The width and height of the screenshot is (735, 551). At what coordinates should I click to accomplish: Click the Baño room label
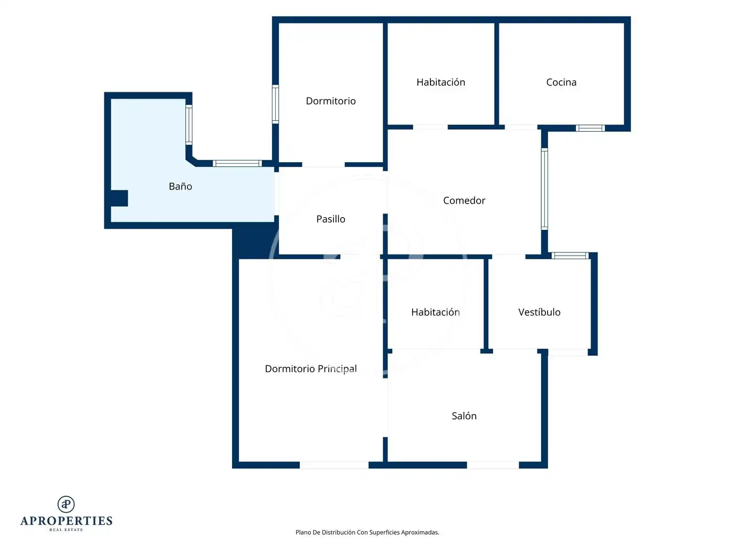(180, 186)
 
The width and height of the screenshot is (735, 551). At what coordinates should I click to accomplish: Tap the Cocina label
(561, 82)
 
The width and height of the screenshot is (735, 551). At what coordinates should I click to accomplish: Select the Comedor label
(464, 200)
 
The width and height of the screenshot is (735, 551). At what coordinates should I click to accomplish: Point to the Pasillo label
(331, 219)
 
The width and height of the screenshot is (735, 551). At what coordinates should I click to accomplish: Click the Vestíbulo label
(539, 312)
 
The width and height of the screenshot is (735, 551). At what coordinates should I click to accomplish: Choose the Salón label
(464, 416)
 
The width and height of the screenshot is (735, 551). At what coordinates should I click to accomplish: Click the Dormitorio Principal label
(311, 369)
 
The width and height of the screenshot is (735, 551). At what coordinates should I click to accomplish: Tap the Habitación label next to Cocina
(440, 82)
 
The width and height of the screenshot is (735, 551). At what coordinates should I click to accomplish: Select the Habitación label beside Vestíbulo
(435, 312)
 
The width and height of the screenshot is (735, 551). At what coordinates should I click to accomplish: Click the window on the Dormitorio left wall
(275, 104)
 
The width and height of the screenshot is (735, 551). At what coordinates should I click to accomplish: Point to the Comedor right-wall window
(544, 189)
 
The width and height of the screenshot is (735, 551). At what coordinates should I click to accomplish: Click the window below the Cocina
(590, 128)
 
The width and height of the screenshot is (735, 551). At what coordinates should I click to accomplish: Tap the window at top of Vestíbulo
(570, 256)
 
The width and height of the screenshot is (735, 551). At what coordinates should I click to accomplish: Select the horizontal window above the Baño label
(237, 164)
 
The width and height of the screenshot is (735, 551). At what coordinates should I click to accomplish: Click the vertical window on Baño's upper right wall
(189, 125)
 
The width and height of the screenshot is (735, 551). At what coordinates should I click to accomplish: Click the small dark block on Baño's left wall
(119, 198)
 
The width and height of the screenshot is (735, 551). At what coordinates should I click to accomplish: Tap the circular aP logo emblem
(66, 504)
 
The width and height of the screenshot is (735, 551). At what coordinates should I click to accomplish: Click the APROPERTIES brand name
(66, 521)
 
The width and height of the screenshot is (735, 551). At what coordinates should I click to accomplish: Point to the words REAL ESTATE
(66, 529)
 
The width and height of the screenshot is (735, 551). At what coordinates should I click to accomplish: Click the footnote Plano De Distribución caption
(367, 532)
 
